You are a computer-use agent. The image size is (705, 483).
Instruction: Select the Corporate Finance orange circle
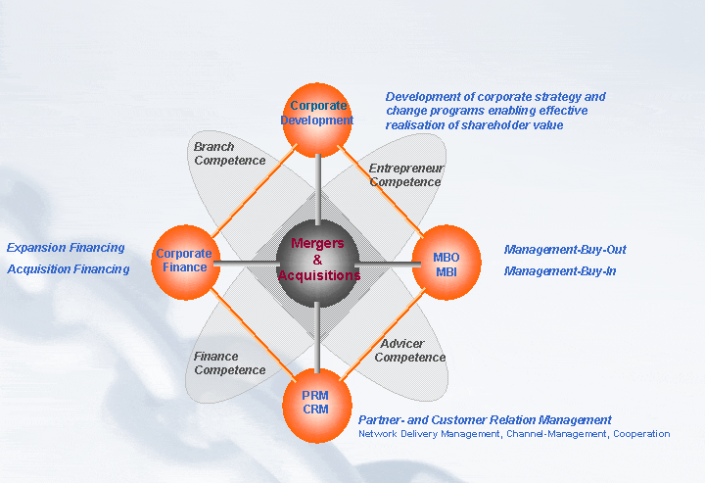point(186,263)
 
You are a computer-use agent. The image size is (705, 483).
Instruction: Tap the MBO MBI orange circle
point(446,263)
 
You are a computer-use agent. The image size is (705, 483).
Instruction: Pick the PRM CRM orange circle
point(316,403)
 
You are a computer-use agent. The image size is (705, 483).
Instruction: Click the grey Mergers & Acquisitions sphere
point(317,261)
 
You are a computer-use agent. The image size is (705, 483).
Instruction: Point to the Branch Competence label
point(229,154)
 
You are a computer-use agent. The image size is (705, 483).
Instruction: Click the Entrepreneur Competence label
point(406,175)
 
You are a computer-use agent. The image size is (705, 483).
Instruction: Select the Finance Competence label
point(229,363)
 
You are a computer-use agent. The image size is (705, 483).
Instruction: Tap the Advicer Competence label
point(410,351)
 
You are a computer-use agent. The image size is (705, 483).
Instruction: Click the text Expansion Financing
point(66,248)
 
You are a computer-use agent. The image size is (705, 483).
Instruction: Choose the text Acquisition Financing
point(68,269)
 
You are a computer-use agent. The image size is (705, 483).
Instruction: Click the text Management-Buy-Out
point(565,250)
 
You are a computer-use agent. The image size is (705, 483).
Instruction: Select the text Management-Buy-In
point(560,271)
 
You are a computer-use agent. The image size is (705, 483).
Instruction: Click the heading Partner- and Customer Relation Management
point(485,420)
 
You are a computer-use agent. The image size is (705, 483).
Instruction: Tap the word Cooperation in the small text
point(641,434)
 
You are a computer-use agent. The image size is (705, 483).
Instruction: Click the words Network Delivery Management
point(429,434)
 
